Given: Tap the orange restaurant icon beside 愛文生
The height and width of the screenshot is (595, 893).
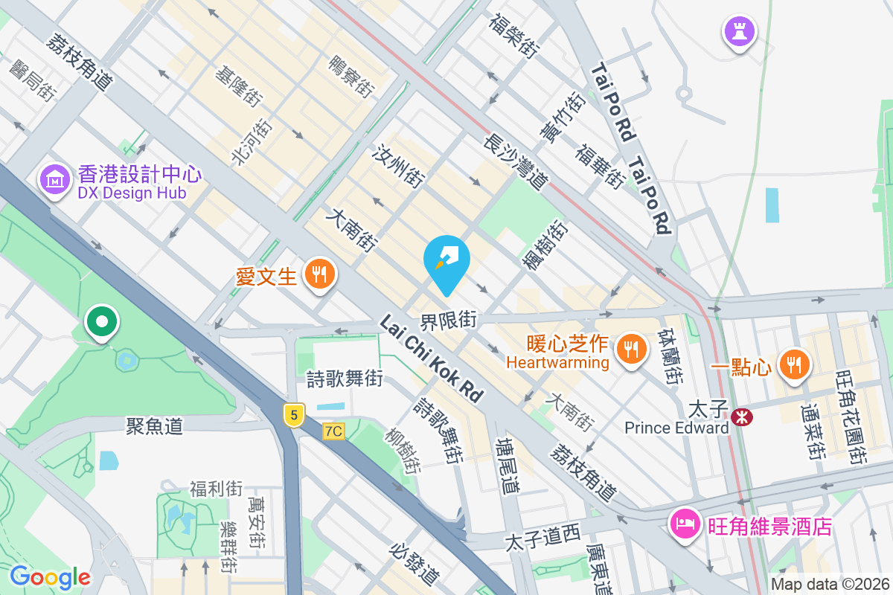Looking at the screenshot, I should [x=320, y=275].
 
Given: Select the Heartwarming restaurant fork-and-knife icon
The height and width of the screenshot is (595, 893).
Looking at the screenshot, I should [x=632, y=348].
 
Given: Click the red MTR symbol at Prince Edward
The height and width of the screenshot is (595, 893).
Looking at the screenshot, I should [x=741, y=417].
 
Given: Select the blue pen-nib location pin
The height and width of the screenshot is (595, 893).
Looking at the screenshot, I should [x=446, y=261].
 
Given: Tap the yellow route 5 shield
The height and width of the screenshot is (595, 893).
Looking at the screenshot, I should [x=295, y=415].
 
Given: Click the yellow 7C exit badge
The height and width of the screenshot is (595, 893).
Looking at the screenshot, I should [x=334, y=431].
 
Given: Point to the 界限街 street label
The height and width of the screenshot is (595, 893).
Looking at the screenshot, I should [x=448, y=321].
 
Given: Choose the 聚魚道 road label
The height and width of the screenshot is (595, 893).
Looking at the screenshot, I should [x=154, y=426].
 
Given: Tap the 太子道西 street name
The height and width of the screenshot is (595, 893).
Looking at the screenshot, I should [x=542, y=537].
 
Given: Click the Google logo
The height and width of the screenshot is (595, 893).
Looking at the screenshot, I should [x=50, y=576].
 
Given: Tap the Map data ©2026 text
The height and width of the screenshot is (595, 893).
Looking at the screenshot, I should [x=830, y=584].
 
